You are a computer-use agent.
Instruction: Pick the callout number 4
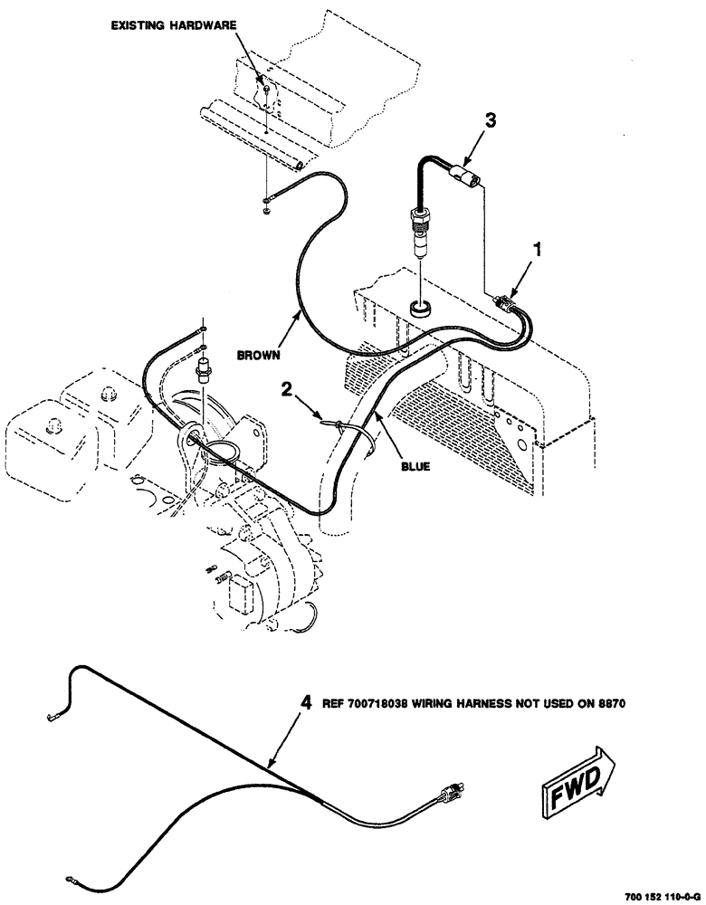306,701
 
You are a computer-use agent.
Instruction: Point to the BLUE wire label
415,467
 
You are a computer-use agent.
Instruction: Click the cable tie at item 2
338,425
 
